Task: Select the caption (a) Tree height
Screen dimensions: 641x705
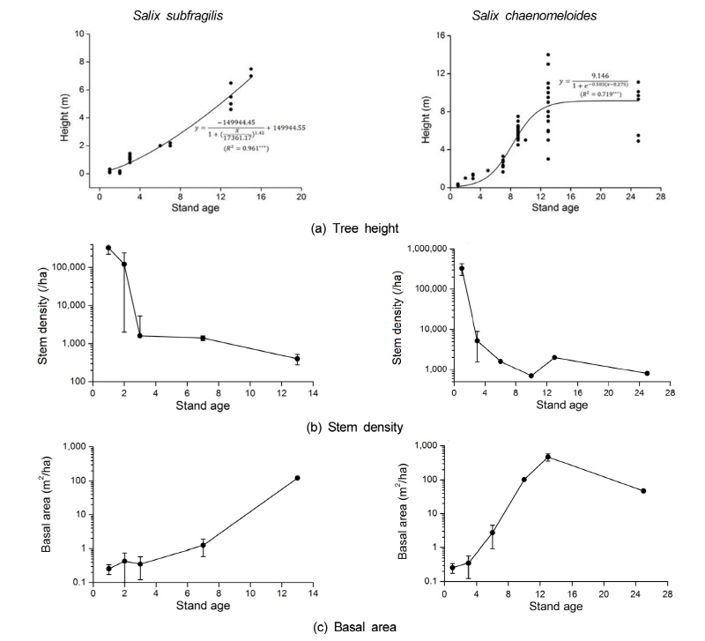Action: (353, 228)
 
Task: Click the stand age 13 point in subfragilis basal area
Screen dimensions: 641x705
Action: (297, 478)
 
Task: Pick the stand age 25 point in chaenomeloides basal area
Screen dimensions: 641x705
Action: (644, 491)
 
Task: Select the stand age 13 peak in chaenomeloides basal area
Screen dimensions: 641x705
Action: (548, 457)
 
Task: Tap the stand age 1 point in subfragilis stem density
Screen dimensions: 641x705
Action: (108, 248)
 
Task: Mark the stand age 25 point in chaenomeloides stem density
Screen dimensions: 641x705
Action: (647, 373)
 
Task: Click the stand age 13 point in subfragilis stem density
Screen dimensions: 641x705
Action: (297, 359)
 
